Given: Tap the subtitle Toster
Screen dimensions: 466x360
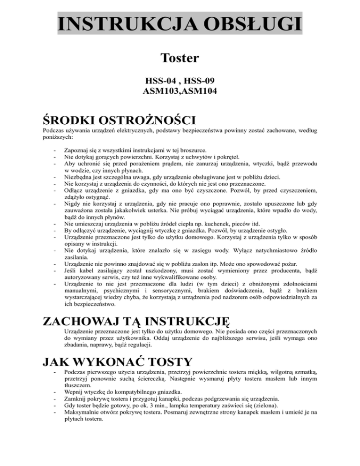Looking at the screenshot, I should [180, 59].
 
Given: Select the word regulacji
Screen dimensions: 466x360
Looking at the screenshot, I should [137, 344].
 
